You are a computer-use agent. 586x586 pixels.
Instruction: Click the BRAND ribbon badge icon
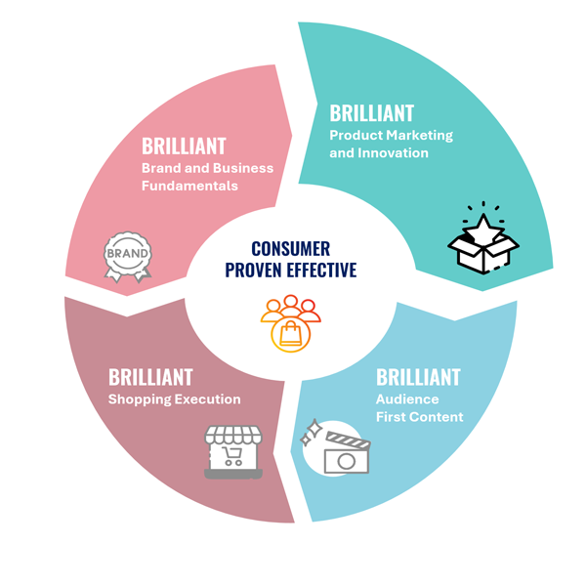(x=128, y=256)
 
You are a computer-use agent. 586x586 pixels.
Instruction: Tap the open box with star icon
(x=481, y=238)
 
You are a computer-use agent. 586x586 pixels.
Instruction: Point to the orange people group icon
(x=292, y=321)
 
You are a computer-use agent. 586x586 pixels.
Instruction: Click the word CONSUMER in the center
(x=290, y=249)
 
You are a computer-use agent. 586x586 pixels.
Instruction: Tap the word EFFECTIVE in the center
(x=321, y=271)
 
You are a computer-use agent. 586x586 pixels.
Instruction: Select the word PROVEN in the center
(x=255, y=271)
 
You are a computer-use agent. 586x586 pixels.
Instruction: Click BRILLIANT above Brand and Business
(x=184, y=146)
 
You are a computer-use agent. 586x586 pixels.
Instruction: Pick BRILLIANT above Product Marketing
(x=371, y=113)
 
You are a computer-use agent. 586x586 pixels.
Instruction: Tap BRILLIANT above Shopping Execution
(x=150, y=377)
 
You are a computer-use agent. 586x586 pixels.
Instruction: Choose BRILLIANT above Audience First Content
(x=418, y=377)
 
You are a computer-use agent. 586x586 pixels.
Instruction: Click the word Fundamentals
(x=189, y=186)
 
